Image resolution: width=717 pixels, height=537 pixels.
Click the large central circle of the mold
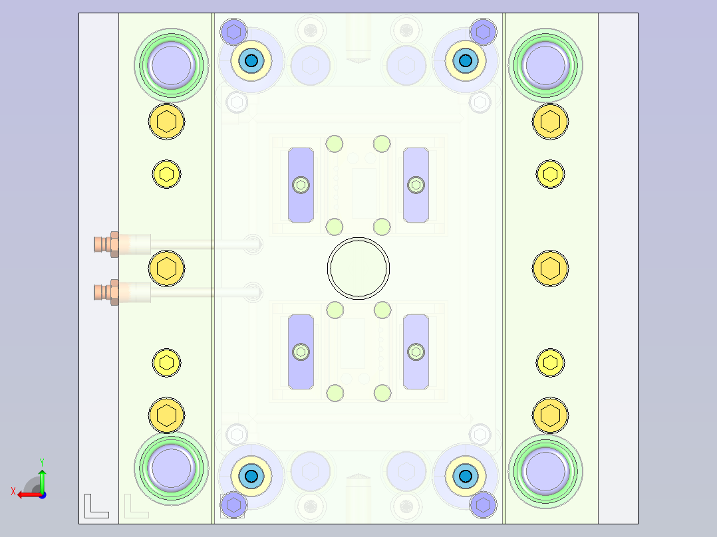coord(358,267)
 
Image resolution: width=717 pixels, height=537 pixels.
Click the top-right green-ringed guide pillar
coord(545,64)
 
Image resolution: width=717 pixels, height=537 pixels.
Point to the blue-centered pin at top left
coord(251,61)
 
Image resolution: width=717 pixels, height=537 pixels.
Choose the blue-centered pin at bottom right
coord(465,475)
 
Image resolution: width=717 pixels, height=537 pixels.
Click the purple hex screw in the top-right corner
coord(483,31)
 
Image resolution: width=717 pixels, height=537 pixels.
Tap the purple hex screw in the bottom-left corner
coord(233,505)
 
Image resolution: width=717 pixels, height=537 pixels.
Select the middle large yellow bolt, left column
coord(166,268)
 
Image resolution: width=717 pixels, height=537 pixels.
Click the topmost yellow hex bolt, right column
coord(550,122)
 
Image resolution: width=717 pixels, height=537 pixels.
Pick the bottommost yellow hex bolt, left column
coord(166,415)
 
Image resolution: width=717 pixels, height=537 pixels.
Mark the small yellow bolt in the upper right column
coord(550,174)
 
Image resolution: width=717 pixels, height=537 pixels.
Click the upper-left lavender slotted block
coord(301,185)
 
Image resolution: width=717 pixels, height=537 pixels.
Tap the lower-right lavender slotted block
coord(416,352)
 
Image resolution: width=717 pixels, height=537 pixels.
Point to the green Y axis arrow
coord(42,477)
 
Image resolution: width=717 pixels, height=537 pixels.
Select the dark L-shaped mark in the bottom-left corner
coord(96,506)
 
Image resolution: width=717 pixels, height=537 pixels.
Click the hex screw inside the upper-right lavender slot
coord(416,185)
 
